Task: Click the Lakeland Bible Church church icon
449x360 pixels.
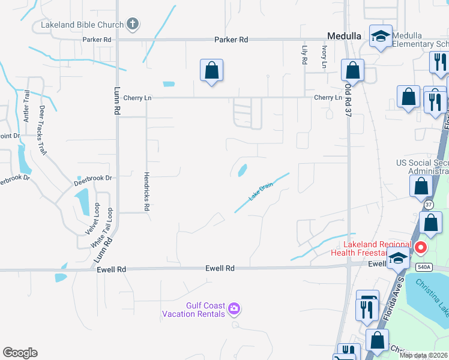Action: click(x=133, y=25)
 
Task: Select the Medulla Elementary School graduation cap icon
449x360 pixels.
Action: click(x=381, y=36)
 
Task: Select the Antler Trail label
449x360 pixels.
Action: click(x=26, y=106)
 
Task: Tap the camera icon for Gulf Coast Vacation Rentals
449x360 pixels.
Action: click(x=234, y=309)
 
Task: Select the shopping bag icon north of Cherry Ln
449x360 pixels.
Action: click(x=211, y=71)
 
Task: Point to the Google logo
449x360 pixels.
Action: click(x=20, y=353)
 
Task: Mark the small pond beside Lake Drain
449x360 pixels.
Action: click(x=243, y=170)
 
